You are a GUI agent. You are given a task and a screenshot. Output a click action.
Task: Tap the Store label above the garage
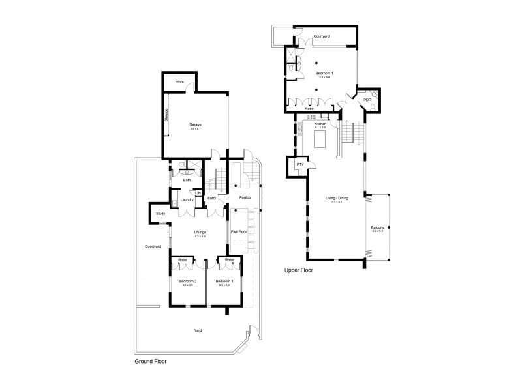(179, 82)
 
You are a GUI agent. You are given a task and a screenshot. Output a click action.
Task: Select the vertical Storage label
(166, 115)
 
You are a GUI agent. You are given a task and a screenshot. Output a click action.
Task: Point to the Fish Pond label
(239, 231)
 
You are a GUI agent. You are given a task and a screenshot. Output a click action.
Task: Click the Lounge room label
(200, 231)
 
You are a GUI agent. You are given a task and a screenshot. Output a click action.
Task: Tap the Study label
(161, 214)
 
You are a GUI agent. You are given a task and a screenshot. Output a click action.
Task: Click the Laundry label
(187, 199)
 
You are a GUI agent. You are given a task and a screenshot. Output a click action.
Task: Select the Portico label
(245, 198)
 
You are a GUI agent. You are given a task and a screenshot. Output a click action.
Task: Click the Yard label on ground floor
(198, 330)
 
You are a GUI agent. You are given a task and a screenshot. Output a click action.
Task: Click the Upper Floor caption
(297, 269)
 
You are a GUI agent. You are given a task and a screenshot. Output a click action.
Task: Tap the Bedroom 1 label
(324, 73)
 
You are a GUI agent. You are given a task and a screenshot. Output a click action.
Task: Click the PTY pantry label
(299, 165)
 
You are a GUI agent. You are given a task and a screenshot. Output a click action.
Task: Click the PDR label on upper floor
(367, 100)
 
